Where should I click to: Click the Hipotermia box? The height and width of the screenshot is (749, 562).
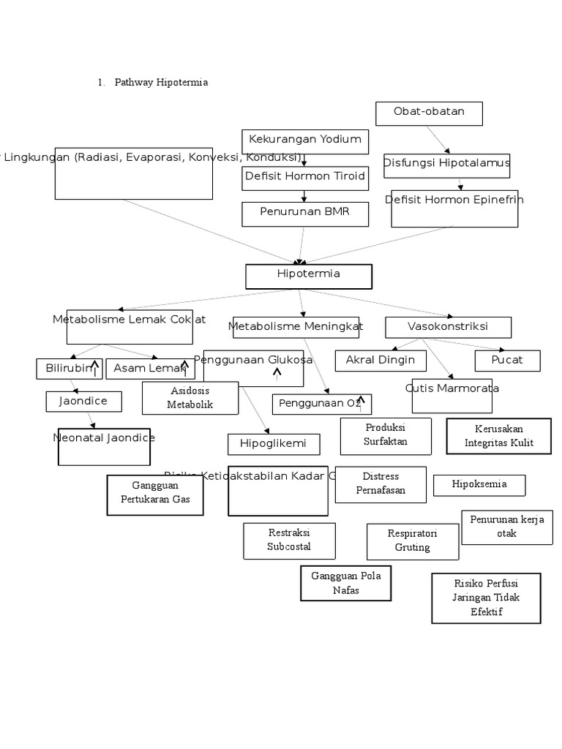point(309,276)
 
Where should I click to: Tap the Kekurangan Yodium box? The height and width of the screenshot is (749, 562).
point(305,141)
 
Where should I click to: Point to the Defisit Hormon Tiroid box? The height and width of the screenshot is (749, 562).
point(304,178)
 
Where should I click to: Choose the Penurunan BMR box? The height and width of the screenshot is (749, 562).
point(304,214)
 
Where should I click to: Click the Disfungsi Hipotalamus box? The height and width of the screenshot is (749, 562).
point(446,165)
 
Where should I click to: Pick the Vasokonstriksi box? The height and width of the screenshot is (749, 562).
point(448,327)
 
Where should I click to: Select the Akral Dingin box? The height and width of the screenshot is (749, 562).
point(381,361)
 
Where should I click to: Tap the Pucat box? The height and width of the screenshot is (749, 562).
point(507,361)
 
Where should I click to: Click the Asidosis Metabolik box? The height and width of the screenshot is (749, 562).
point(190,398)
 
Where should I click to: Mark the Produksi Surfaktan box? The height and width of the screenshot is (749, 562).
point(386,436)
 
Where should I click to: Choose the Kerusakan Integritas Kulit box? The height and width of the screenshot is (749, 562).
point(498,436)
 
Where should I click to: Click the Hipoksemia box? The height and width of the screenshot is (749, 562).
point(479,485)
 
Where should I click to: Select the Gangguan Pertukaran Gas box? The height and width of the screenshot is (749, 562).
point(155,494)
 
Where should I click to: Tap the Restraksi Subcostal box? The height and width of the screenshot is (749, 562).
point(289,541)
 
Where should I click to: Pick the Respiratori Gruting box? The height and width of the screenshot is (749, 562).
point(413,541)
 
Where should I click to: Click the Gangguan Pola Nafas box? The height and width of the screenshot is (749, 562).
point(345,583)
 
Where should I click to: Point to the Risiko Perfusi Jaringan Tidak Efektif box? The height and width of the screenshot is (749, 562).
point(486,598)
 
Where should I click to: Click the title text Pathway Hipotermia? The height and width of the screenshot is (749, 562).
point(161,83)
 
